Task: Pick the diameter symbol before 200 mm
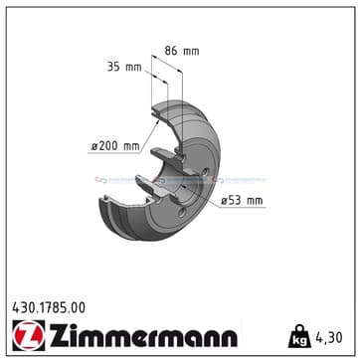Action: [x=93, y=146]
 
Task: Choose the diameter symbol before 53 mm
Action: [x=224, y=201]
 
